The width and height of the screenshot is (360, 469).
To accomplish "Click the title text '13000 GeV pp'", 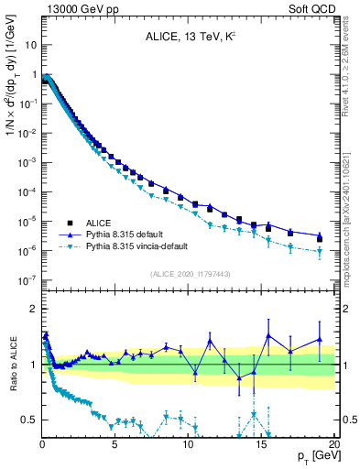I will click(46, 7).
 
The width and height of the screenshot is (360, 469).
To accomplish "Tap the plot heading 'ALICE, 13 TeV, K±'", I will click(188, 37).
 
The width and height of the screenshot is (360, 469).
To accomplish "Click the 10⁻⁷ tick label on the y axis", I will click(27, 280).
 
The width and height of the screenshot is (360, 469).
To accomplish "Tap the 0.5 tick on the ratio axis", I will click(29, 420).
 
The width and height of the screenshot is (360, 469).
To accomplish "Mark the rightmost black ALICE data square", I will click(320, 238).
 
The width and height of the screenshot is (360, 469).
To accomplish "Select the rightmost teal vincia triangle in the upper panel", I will click(320, 251).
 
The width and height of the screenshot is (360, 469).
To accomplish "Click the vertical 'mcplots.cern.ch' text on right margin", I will click(353, 220).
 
